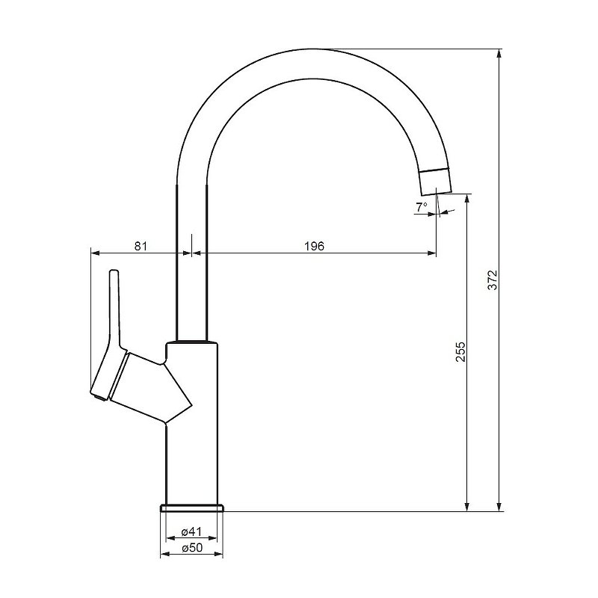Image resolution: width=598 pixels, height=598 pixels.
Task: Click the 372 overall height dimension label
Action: [x=492, y=280]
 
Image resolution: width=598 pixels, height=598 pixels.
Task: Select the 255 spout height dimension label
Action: [x=460, y=352]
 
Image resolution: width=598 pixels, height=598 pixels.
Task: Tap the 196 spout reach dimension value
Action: [x=315, y=246]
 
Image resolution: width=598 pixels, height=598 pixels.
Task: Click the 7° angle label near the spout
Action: [x=422, y=206]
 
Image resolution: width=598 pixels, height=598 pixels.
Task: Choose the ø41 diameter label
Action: [x=192, y=531]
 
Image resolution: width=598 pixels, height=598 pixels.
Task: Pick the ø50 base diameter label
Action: [x=192, y=549]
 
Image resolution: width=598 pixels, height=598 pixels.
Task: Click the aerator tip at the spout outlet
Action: [x=437, y=179]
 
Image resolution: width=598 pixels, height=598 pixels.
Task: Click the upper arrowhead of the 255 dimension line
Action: [x=467, y=200]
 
